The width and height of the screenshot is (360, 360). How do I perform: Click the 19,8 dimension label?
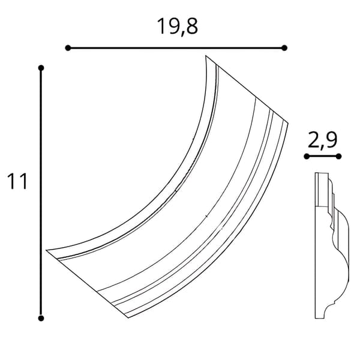tap(177, 26)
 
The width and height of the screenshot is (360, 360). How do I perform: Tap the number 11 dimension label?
tap(17, 181)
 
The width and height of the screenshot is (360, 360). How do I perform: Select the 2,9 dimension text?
tap(322, 140)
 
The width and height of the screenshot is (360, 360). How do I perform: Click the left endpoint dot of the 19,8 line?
tap(68, 48)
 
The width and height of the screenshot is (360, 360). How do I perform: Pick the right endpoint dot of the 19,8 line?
tap(284, 48)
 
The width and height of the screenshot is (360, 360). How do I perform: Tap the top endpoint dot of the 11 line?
tap(41, 68)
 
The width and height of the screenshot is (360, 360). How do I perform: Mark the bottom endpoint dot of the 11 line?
tap(41, 318)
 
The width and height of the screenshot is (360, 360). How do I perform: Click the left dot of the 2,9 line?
tap(307, 157)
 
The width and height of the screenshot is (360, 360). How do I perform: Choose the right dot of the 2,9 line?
tap(338, 157)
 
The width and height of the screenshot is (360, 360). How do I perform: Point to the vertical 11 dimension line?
tap(41, 193)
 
